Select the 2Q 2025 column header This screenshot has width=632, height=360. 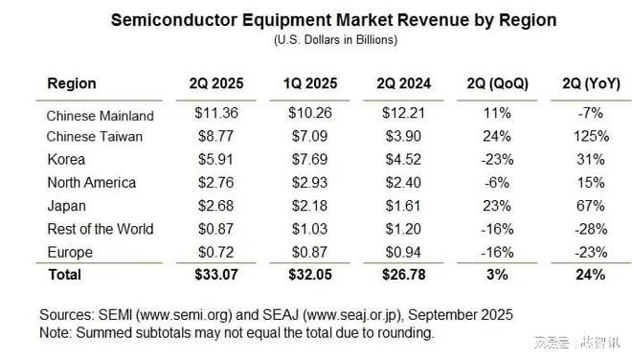pyautogui.click(x=216, y=83)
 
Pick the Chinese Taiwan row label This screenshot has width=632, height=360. pyautogui.click(x=94, y=137)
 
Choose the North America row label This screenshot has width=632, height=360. pyautogui.click(x=91, y=183)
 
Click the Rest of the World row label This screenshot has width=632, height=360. pyautogui.click(x=100, y=229)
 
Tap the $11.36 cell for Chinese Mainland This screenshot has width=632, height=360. pyautogui.click(x=216, y=114)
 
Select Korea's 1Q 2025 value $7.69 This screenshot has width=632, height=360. pyautogui.click(x=309, y=160)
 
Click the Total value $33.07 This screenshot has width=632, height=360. pyautogui.click(x=216, y=275)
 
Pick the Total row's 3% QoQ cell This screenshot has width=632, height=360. pyautogui.click(x=498, y=275)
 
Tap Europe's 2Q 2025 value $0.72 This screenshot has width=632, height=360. pyautogui.click(x=216, y=252)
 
